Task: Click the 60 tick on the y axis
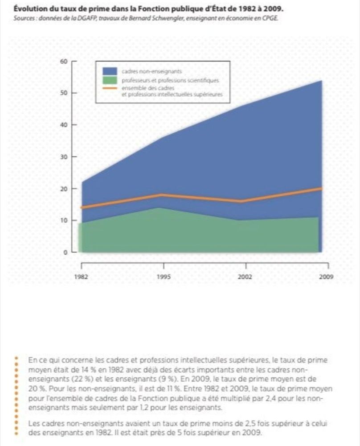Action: (64, 61)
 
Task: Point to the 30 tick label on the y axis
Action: (64, 157)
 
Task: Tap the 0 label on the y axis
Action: (65, 252)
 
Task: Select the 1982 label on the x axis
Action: (81, 277)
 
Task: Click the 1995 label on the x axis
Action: (163, 277)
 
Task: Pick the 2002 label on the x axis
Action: (245, 277)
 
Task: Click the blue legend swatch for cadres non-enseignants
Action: (109, 71)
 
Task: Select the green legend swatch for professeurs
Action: (109, 80)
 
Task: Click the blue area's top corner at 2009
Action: (321, 81)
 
